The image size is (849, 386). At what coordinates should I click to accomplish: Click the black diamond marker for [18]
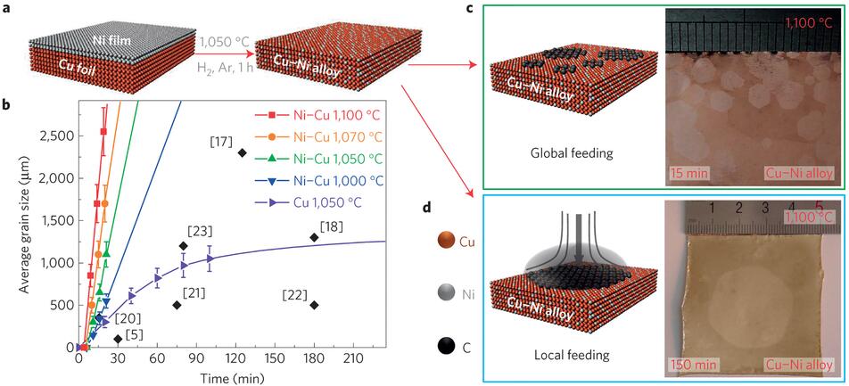(x=314, y=262)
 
